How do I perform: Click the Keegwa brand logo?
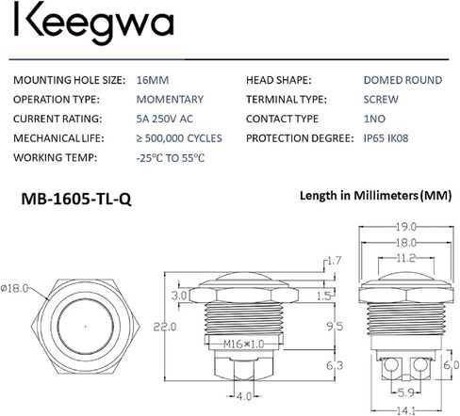pyautogui.click(x=93, y=23)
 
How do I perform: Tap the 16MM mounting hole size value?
pyautogui.click(x=153, y=80)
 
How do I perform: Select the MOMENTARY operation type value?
pyautogui.click(x=170, y=100)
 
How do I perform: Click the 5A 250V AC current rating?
pyautogui.click(x=164, y=119)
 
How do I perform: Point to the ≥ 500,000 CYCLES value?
pyautogui.click(x=179, y=138)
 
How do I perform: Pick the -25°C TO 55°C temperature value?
pyautogui.click(x=171, y=158)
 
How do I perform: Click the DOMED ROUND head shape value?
pyautogui.click(x=402, y=80)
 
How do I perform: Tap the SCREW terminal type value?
pyautogui.click(x=381, y=100)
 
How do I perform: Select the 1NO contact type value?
pyautogui.click(x=374, y=119)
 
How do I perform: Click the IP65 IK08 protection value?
pyautogui.click(x=386, y=138)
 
